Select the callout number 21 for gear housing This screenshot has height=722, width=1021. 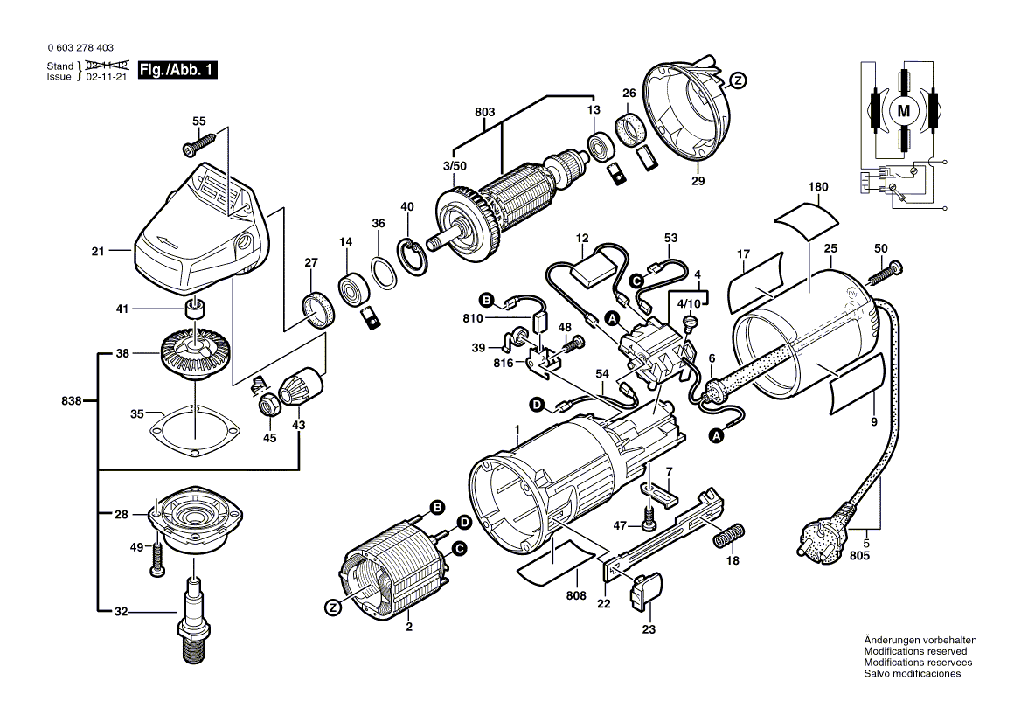click(x=97, y=252)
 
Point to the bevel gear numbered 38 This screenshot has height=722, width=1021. click(x=191, y=354)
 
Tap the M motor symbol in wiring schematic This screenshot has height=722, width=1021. click(x=904, y=110)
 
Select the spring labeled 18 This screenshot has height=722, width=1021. click(x=729, y=535)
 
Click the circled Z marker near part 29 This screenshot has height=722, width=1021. click(x=738, y=80)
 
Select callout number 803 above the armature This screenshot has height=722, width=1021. click(x=485, y=112)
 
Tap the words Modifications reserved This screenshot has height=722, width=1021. click(x=914, y=651)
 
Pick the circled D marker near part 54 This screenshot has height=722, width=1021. click(x=536, y=405)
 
